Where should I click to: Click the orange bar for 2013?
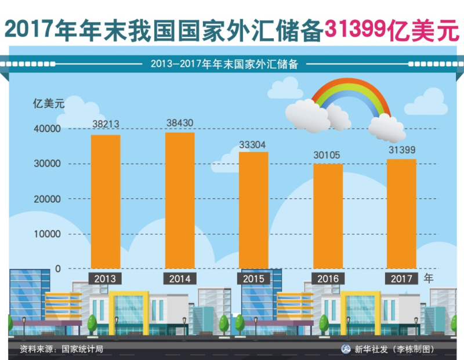(x=105, y=201)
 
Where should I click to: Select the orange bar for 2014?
(x=180, y=200)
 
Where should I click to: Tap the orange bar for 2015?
(x=253, y=210)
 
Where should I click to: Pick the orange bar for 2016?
(x=328, y=216)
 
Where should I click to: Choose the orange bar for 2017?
(x=401, y=213)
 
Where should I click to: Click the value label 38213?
(x=106, y=125)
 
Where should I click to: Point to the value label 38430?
(x=180, y=123)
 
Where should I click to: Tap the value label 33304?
(x=254, y=143)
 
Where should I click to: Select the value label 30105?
(x=327, y=155)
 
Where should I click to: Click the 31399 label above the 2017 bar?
(x=401, y=150)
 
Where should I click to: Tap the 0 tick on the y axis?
(x=58, y=268)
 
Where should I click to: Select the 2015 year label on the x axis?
(x=253, y=279)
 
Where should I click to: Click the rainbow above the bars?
(x=351, y=96)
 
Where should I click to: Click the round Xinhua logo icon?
(x=345, y=349)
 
